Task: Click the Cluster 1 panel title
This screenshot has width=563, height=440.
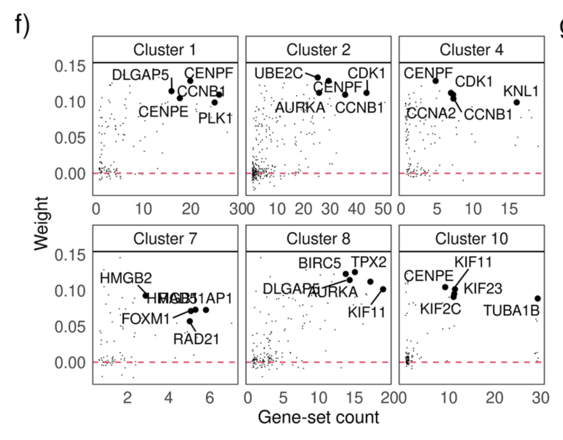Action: (165, 50)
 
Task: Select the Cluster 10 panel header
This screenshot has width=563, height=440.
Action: (471, 239)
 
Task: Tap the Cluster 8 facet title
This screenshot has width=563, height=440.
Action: (318, 239)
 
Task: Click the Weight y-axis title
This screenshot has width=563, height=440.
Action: (41, 224)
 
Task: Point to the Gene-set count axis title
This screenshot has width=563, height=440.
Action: (318, 417)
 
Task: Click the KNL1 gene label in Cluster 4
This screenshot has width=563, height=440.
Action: (521, 91)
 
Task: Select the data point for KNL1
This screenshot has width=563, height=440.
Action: (516, 102)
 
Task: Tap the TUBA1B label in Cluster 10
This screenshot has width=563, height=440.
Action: (511, 311)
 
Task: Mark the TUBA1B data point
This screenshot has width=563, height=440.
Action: (538, 299)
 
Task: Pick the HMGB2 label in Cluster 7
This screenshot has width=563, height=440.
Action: (126, 278)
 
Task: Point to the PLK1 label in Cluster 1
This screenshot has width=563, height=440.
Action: (215, 119)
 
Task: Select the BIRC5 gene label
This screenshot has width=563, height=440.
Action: (319, 263)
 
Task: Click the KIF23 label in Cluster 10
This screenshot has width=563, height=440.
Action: (483, 289)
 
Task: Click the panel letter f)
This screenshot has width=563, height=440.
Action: (22, 25)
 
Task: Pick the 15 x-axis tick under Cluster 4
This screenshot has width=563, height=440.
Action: (509, 209)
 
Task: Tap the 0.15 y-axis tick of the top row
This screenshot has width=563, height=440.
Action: (70, 66)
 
